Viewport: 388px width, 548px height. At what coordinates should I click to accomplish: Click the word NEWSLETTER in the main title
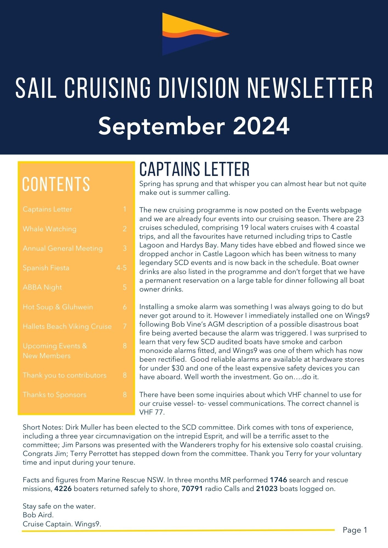[310, 88]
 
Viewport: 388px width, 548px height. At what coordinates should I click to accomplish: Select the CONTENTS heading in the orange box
[56, 184]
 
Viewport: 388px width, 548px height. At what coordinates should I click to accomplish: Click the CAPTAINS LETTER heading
[194, 169]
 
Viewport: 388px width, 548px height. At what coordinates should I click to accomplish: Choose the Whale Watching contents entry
[50, 229]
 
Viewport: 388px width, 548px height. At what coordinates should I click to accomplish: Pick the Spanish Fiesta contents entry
[46, 268]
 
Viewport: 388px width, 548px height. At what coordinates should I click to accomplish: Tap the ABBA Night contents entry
[42, 287]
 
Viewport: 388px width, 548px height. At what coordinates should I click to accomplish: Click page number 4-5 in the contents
[121, 268]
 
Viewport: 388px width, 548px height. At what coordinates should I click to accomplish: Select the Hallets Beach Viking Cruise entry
[67, 326]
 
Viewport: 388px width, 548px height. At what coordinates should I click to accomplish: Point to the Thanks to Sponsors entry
[54, 395]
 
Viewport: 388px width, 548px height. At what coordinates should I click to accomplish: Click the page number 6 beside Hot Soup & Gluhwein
[125, 307]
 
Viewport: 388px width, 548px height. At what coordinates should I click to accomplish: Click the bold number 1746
[278, 480]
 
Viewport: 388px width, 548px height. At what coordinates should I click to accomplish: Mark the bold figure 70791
[192, 489]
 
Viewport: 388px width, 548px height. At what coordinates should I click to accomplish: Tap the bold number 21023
[267, 489]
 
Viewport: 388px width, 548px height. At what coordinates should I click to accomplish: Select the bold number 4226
[63, 489]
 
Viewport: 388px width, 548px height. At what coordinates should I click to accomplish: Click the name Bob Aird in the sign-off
[38, 515]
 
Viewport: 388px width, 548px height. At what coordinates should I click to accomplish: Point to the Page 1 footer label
[355, 530]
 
